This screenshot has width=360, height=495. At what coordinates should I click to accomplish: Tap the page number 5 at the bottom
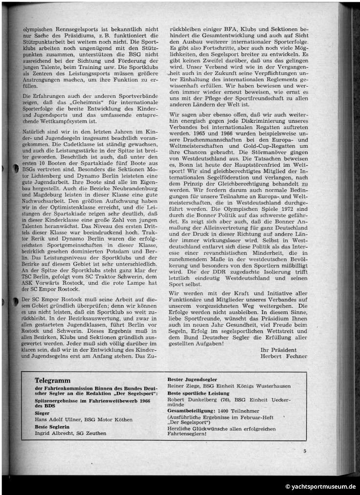pyautogui.click(x=304, y=451)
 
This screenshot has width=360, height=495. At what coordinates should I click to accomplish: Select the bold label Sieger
pyautogui.click(x=43, y=413)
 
